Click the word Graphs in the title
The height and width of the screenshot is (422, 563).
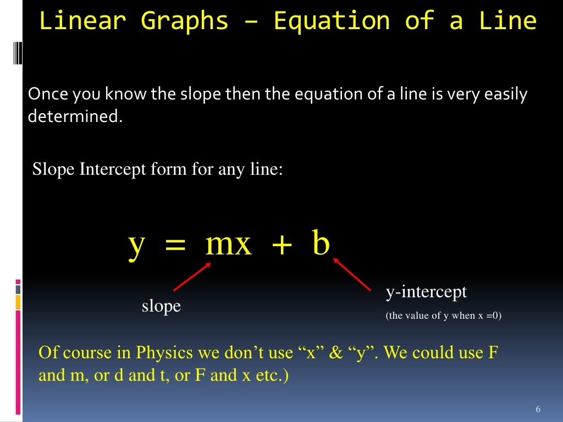click(x=184, y=21)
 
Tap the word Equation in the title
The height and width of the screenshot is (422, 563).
click(x=332, y=21)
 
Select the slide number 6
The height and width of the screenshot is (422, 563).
click(x=538, y=409)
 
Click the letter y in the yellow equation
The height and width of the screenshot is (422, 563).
click(x=136, y=245)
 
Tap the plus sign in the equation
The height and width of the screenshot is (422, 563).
click(x=282, y=245)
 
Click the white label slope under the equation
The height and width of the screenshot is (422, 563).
click(x=161, y=306)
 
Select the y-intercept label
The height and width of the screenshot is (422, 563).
click(x=426, y=292)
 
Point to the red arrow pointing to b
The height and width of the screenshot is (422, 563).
click(x=353, y=275)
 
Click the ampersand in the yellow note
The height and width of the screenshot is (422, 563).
click(x=335, y=352)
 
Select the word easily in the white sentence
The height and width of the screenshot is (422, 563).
click(x=506, y=95)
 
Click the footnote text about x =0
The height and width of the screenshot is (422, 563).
click(x=444, y=316)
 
